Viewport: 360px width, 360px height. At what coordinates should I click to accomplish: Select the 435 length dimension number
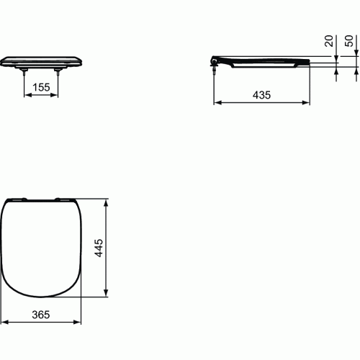click(262, 96)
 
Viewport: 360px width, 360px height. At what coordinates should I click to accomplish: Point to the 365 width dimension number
click(42, 313)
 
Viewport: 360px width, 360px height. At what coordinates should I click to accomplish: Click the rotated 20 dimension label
click(330, 42)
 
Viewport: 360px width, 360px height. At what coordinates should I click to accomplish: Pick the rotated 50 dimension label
click(350, 42)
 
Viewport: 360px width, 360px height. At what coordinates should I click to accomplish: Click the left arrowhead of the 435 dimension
click(216, 104)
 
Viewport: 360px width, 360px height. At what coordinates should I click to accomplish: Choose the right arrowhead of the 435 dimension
click(307, 104)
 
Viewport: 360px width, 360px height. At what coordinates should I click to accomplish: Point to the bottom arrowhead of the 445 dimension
click(108, 293)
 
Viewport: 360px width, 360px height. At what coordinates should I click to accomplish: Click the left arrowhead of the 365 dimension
click(5, 321)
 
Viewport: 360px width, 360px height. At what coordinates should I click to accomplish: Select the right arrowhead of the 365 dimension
click(78, 321)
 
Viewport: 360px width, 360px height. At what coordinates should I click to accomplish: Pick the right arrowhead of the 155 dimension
click(56, 95)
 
